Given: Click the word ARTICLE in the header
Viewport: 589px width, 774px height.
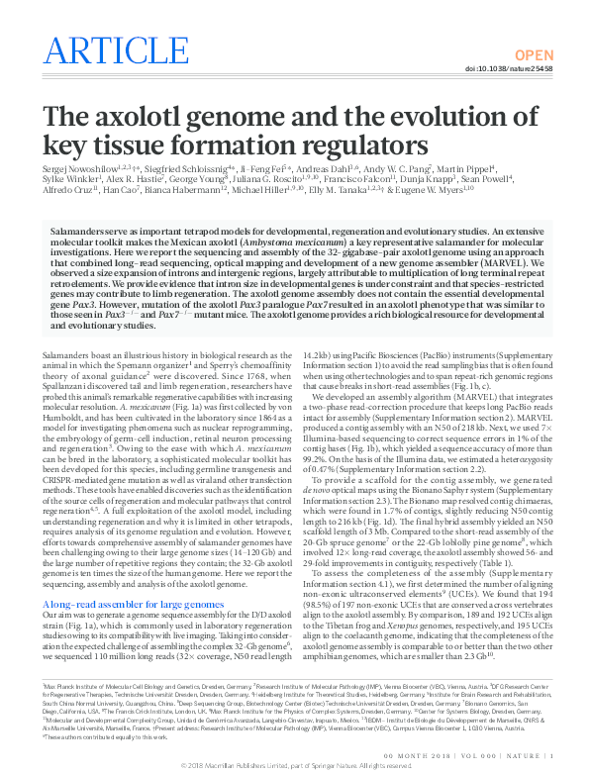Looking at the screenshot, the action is coord(111,49).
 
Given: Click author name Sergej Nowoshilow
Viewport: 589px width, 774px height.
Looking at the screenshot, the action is coord(74,170).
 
